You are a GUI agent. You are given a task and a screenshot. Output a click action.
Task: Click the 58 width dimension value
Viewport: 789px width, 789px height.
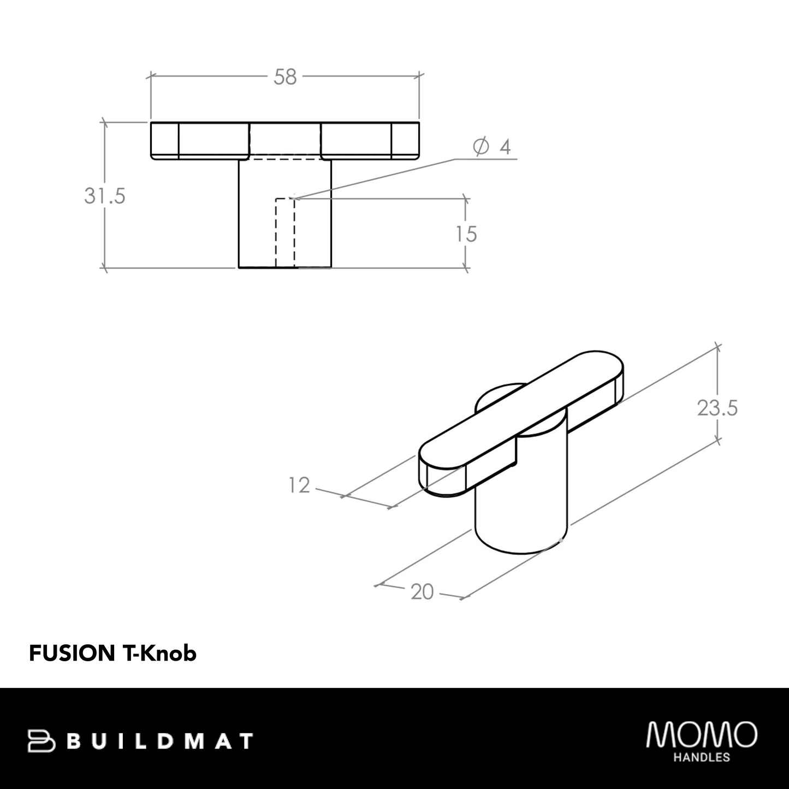[285, 78]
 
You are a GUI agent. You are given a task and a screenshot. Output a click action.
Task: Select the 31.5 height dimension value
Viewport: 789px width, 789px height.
[105, 195]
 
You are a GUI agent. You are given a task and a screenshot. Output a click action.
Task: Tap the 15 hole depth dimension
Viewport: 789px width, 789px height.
[466, 234]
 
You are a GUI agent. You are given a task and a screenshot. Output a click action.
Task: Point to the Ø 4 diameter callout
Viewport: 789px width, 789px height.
[492, 147]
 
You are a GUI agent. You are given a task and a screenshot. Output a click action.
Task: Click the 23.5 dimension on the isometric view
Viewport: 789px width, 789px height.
[717, 408]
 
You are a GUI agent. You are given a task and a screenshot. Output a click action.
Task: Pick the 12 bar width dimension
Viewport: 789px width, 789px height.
[299, 485]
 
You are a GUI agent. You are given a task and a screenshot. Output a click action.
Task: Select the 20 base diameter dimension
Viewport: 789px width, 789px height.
[422, 591]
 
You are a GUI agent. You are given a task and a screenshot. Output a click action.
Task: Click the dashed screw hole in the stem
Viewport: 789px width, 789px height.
[285, 233]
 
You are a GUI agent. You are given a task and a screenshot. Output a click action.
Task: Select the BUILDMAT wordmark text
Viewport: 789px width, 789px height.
[162, 741]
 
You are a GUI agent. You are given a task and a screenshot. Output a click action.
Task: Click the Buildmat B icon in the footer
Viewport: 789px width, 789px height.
[41, 741]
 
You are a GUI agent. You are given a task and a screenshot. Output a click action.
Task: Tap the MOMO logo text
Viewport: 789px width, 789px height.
[702, 734]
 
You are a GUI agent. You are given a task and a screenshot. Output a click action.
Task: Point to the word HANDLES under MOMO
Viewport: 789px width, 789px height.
[702, 757]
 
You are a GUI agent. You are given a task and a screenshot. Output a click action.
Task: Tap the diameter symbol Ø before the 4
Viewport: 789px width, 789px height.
[480, 147]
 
